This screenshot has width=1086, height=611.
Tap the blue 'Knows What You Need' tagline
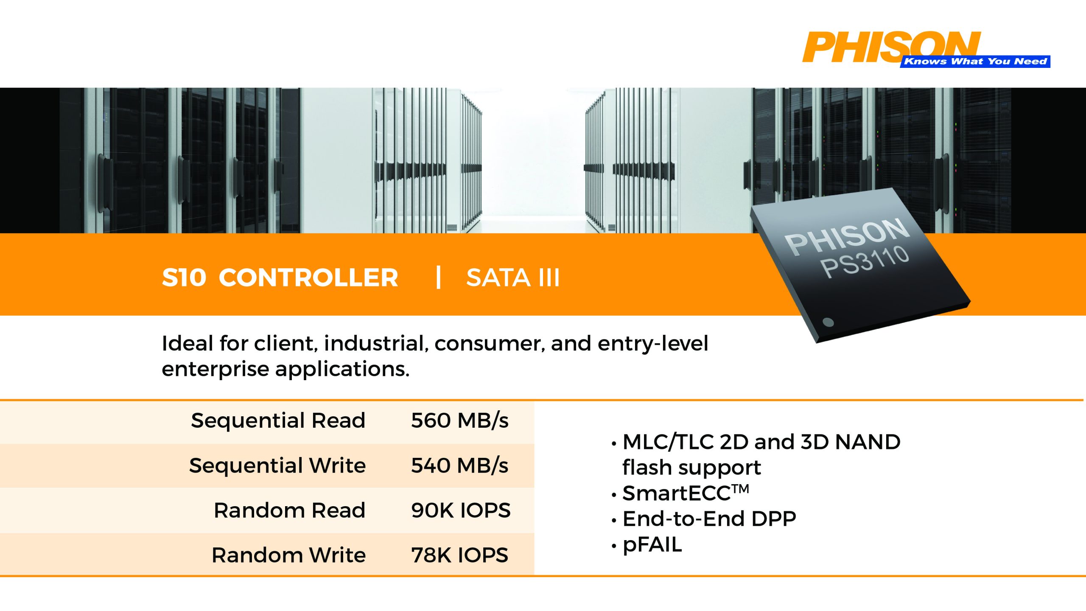[x=975, y=62]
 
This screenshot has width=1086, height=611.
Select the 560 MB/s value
[x=460, y=420]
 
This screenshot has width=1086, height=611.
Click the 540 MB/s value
[x=460, y=465]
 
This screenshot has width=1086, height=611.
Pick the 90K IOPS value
[x=461, y=510]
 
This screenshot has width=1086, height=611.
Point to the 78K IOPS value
[x=460, y=555]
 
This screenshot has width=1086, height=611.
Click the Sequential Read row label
[x=278, y=420]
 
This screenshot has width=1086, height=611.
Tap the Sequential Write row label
[x=277, y=465]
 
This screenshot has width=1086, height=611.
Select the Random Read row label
[x=289, y=510]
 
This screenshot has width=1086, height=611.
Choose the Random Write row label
[x=288, y=555]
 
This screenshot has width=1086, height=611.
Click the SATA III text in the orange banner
[x=513, y=278]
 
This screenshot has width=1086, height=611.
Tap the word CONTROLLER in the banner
[x=308, y=278]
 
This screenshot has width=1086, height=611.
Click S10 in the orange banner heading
[x=184, y=278]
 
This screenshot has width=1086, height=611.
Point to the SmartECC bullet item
[x=686, y=493]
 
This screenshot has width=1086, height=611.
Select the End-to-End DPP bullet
[x=709, y=519]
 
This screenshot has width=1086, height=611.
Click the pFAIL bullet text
[x=652, y=545]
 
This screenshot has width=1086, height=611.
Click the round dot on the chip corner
[x=828, y=322]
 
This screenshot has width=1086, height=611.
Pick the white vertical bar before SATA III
[x=439, y=277]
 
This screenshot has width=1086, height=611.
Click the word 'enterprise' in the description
[x=216, y=370]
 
